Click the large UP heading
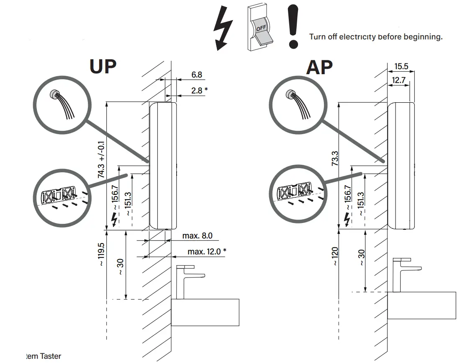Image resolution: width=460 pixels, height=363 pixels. [103, 66]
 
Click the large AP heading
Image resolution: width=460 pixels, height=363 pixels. [319, 67]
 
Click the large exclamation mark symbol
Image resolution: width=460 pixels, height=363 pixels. [294, 26]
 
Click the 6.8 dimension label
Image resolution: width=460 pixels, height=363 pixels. [197, 75]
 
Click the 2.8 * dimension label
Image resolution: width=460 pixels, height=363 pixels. [199, 90]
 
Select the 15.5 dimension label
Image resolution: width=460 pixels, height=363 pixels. [401, 66]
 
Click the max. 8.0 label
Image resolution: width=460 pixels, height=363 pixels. [197, 236]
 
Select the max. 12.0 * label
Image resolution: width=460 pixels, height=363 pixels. [207, 251]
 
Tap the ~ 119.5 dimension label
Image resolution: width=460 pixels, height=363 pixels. [101, 254]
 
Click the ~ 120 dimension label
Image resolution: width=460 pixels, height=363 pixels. [335, 256]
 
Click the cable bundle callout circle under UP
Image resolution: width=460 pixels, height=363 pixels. [62, 104]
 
